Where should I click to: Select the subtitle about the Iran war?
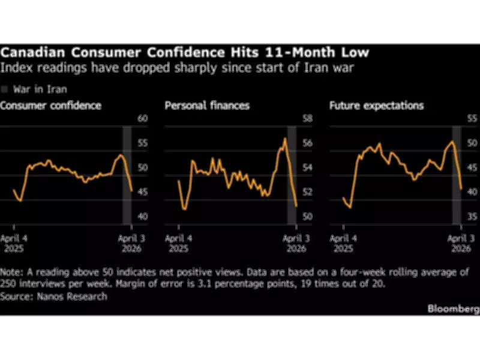[178, 68]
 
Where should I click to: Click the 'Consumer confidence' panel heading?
[50, 106]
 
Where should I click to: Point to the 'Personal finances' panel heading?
[207, 106]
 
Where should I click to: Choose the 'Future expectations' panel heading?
[376, 106]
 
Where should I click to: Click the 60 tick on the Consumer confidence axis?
[142, 119]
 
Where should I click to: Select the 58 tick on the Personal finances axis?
[307, 119]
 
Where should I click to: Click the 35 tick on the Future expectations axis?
[472, 217]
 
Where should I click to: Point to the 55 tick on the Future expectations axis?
[472, 119]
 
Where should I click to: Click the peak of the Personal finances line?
[285, 139]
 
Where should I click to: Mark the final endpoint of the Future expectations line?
[461, 189]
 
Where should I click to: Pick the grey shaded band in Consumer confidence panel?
[127, 174]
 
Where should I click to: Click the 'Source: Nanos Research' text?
[53, 296]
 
